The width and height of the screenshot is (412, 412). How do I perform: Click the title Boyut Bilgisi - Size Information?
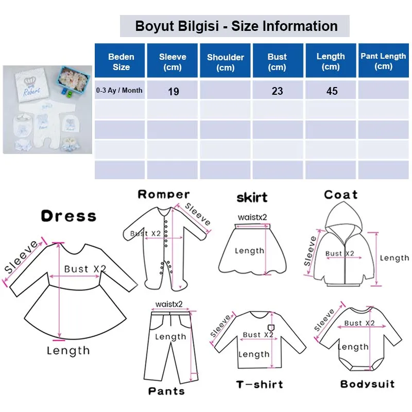pyautogui.click(x=236, y=26)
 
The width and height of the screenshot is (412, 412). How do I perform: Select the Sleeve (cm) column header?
pyautogui.click(x=173, y=61)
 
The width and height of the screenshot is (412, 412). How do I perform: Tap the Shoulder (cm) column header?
pyautogui.click(x=225, y=62)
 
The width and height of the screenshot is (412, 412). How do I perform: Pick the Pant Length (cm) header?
pyautogui.click(x=383, y=61)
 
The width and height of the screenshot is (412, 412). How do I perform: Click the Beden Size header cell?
pyautogui.click(x=121, y=61)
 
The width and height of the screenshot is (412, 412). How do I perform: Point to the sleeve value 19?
pyautogui.click(x=174, y=92)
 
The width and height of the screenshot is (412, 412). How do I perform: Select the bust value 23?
pyautogui.click(x=277, y=91)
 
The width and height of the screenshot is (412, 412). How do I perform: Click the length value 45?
pyautogui.click(x=332, y=91)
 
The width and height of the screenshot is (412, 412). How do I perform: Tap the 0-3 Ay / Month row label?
pyautogui.click(x=119, y=91)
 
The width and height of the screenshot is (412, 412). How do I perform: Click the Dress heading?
pyautogui.click(x=68, y=216)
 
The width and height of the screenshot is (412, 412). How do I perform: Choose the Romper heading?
pyautogui.click(x=164, y=194)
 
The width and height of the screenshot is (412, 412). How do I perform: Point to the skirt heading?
pyautogui.click(x=252, y=197)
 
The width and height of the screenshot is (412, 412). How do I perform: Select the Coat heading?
pyautogui.click(x=340, y=195)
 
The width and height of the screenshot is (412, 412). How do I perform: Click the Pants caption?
pyautogui.click(x=166, y=391)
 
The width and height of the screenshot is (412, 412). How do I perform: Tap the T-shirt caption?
pyautogui.click(x=260, y=385)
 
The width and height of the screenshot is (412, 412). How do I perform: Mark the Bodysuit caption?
pyautogui.click(x=367, y=384)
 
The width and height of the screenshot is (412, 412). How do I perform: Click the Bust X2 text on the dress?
pyautogui.click(x=84, y=269)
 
